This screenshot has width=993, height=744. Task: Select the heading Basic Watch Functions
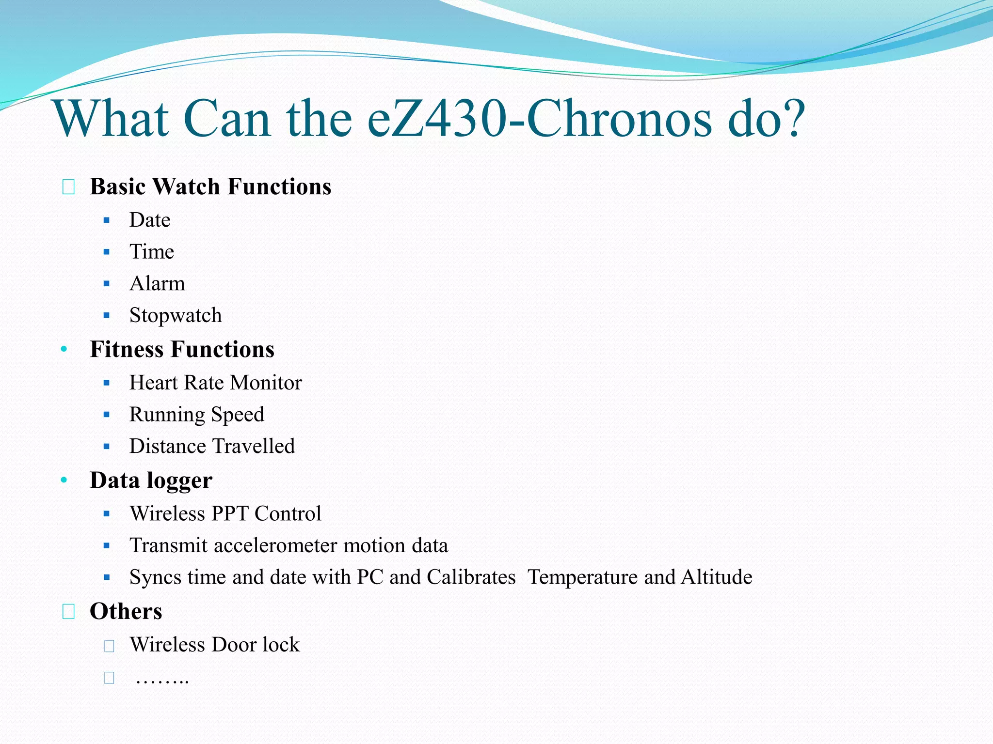210,186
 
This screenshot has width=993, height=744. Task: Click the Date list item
150,220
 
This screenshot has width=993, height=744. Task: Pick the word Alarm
157,283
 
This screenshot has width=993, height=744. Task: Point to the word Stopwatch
176,315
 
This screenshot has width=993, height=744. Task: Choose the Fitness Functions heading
182,349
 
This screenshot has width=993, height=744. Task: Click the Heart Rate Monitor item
215,383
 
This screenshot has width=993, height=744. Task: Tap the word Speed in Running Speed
238,415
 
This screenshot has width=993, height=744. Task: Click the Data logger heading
151,480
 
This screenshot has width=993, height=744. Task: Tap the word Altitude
717,577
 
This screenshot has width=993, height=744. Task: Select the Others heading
126,611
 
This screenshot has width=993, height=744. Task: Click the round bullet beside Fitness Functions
64,349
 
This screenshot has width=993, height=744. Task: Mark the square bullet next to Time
107,252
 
